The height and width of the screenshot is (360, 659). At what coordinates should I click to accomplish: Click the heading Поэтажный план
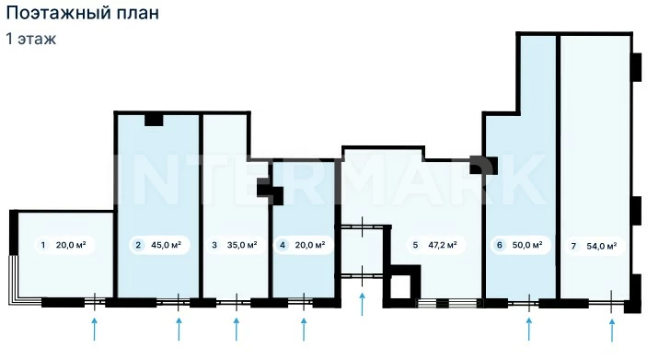83,13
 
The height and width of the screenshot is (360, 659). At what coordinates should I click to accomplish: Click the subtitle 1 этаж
31,39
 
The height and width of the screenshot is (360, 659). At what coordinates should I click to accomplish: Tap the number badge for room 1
43,245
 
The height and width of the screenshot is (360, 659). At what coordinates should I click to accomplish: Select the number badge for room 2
138,245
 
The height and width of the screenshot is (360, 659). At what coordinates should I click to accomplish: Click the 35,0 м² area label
242,245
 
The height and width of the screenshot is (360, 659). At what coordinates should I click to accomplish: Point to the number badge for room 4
283,245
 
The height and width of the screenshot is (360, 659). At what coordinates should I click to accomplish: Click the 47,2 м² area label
443,245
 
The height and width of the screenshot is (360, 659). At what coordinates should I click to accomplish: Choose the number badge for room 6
499,245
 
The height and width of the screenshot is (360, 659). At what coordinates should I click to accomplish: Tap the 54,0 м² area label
602,246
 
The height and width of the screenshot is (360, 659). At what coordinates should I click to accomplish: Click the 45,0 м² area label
166,245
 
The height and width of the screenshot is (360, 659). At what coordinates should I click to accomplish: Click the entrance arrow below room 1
95,329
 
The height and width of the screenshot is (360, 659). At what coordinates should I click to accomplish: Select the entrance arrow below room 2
179,329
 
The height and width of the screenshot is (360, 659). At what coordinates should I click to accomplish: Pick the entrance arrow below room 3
237,329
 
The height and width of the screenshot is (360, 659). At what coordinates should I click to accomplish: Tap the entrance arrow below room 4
304,329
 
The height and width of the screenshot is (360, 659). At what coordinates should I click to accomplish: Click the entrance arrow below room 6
528,329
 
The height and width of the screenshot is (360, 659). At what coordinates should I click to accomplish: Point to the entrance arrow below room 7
612,330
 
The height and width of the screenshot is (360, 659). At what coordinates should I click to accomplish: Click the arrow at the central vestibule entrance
363,304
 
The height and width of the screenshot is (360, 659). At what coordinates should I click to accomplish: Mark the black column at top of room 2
154,120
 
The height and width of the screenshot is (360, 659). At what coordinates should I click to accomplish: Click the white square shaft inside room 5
400,287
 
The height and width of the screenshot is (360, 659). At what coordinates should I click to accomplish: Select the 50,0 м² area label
527,245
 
